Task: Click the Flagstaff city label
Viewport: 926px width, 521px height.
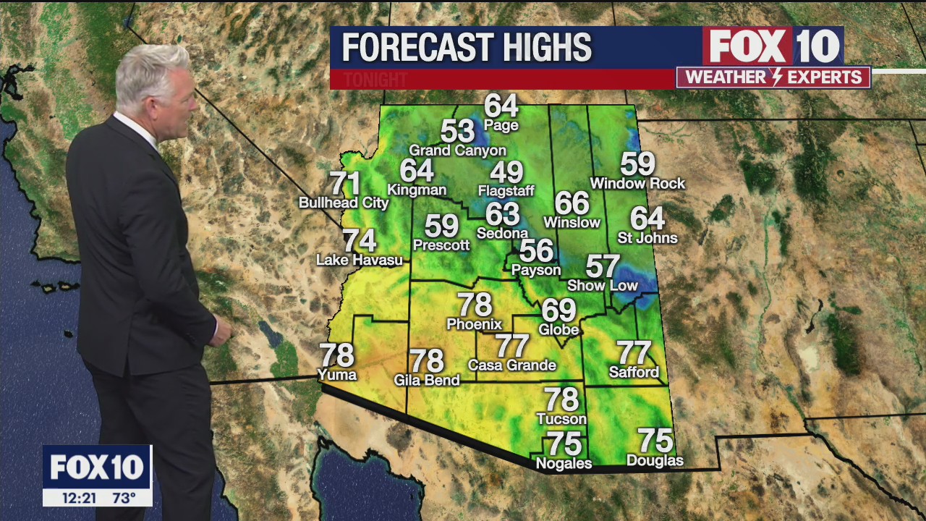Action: coord(506,191)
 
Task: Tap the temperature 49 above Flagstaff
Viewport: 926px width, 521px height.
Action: coord(506,173)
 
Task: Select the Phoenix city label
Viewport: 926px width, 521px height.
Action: coord(474,323)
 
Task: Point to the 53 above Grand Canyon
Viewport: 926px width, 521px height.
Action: coord(457,132)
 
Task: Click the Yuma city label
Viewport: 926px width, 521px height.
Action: coord(337,374)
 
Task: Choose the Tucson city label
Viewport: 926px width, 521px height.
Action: coord(561,418)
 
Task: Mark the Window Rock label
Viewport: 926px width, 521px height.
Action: coord(637,183)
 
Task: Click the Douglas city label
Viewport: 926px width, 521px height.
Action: coord(655,460)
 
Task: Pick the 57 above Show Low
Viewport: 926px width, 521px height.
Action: coord(603,266)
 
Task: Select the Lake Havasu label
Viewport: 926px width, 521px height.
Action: coord(360,259)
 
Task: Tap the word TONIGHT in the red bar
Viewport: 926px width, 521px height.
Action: coord(375,80)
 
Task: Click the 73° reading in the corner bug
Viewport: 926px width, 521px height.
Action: coord(124,498)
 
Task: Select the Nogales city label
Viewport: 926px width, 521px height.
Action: coord(564,463)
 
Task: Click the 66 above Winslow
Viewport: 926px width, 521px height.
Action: coord(572,203)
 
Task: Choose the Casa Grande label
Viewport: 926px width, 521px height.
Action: coord(512,365)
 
